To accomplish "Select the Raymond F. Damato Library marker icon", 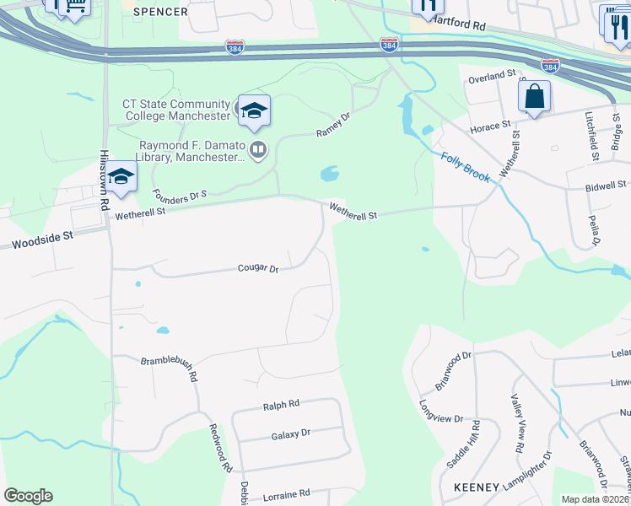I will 258,151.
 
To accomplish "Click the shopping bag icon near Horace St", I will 534,98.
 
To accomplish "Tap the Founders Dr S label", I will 180,195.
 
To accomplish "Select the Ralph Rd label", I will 281,405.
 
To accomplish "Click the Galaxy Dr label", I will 291,433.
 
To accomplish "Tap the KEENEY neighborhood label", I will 477,487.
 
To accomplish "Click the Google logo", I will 28,496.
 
